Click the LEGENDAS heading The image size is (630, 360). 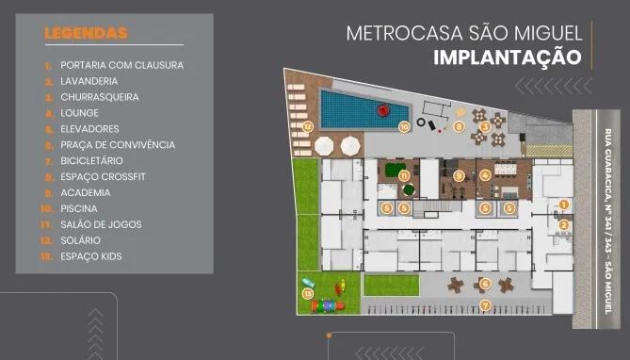(x=86, y=34)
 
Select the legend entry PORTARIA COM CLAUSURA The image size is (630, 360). (x=121, y=65)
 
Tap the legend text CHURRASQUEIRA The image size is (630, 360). (x=99, y=97)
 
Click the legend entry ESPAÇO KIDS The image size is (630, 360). (x=91, y=256)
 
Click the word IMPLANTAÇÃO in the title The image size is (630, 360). (x=507, y=57)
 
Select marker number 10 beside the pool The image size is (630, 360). (x=403, y=125)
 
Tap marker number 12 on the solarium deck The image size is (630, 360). (x=307, y=125)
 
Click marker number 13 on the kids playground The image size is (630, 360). (x=308, y=293)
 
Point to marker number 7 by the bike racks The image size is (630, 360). (x=485, y=304)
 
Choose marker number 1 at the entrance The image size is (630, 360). (x=564, y=204)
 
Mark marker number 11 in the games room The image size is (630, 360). (x=403, y=175)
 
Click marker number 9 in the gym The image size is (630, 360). (x=459, y=175)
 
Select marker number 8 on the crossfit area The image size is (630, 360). (x=459, y=125)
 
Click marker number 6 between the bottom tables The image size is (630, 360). (x=485, y=283)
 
